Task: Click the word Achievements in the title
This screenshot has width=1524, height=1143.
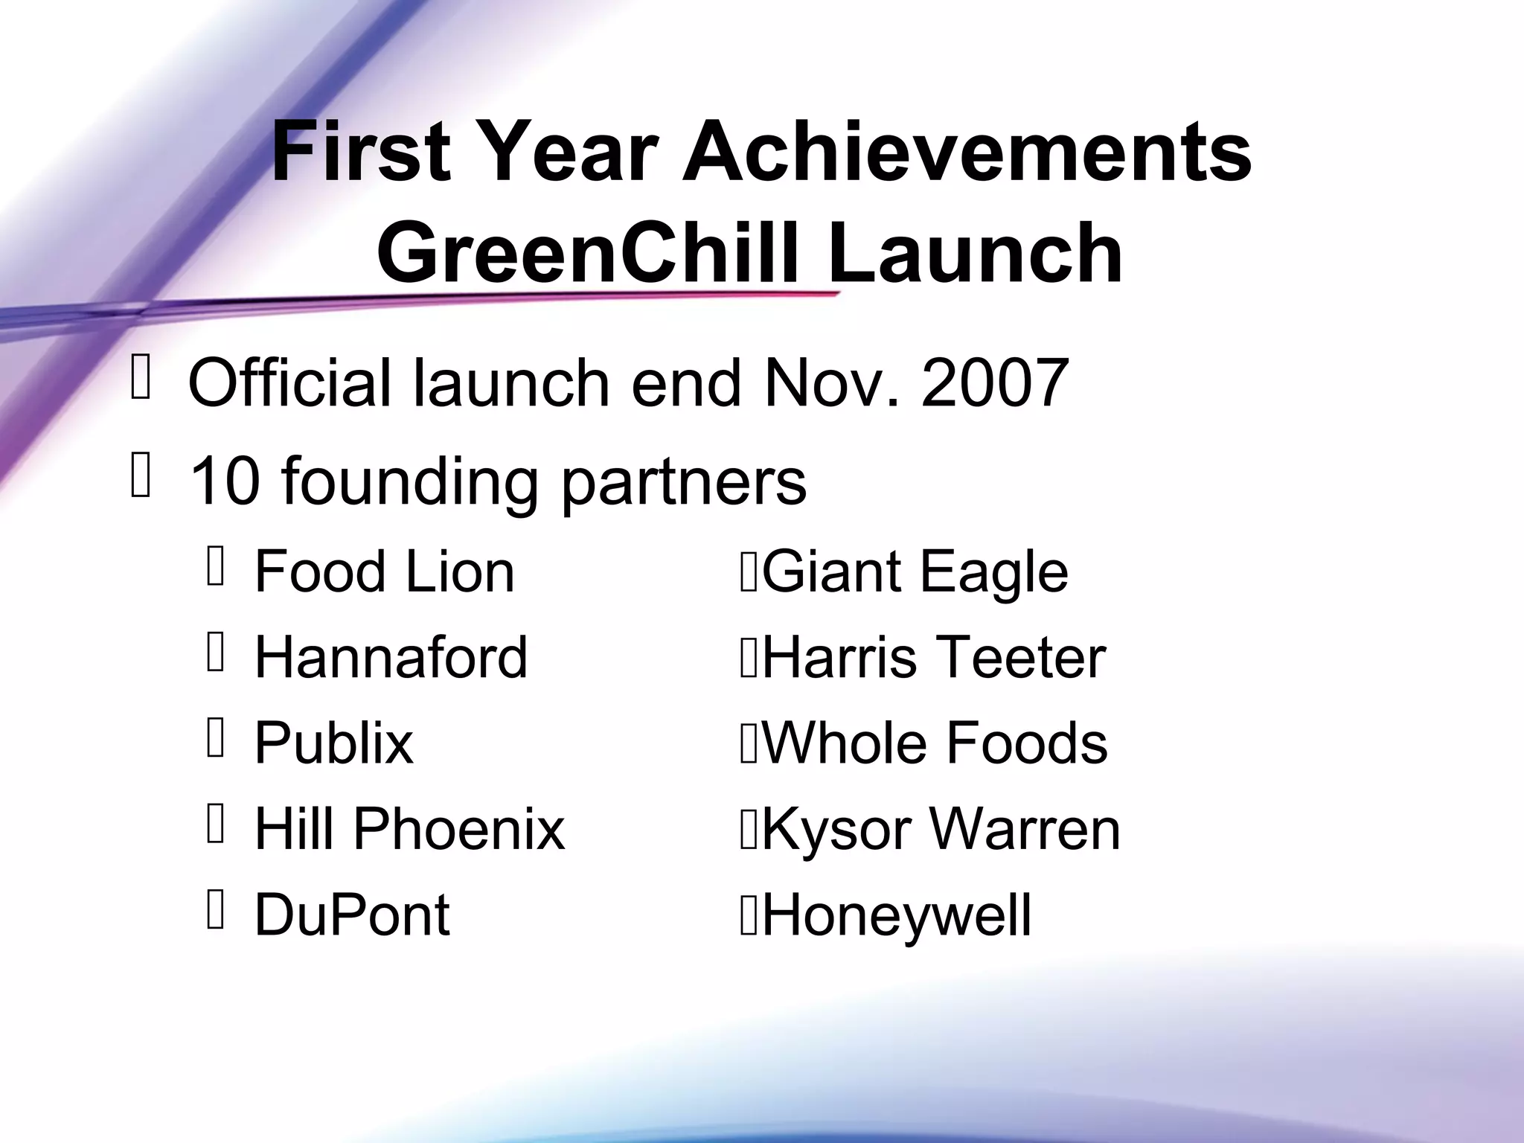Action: pos(967,153)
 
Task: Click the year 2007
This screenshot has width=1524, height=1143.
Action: pos(995,383)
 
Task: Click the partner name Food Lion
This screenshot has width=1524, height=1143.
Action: pos(384,571)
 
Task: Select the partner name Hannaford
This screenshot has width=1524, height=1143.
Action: pos(391,657)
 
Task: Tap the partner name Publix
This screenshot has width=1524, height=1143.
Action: pos(333,743)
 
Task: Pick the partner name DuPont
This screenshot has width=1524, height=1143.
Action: pos(352,915)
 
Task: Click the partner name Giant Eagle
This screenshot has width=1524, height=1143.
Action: pos(915,571)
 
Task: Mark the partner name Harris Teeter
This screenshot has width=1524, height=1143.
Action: pos(934,657)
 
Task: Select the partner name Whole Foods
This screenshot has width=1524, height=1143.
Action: pos(935,743)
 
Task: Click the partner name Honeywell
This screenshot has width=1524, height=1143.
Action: pos(897,915)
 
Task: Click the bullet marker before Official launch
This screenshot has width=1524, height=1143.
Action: pos(141,379)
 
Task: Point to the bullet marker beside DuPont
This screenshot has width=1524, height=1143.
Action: pos(216,910)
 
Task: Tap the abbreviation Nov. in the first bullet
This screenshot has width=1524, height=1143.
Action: pos(831,383)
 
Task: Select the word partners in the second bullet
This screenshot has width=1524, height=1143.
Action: pos(683,482)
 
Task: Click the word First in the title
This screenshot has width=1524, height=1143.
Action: pos(361,153)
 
